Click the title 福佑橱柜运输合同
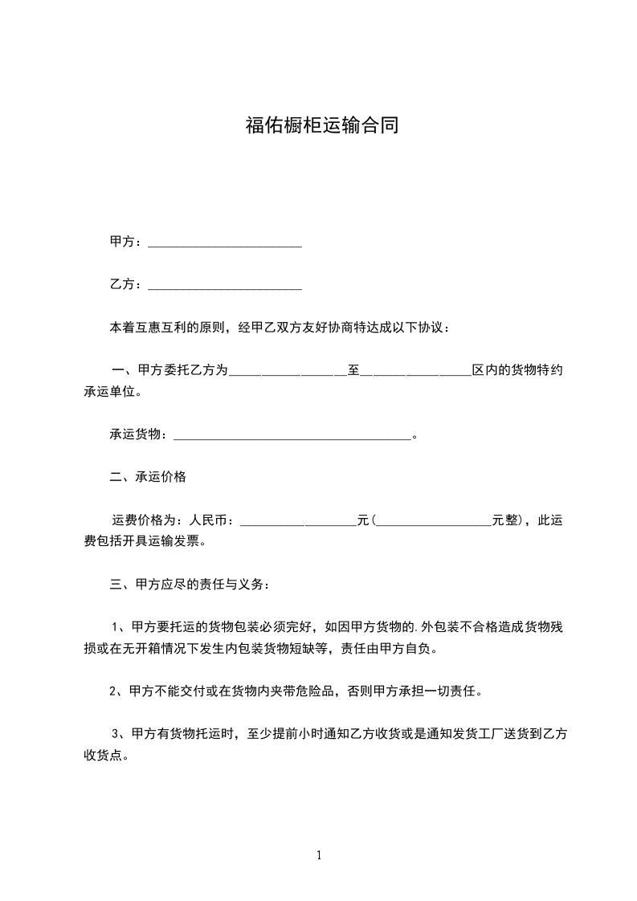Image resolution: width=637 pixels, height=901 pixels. (321, 126)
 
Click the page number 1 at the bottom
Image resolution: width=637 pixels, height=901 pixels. (319, 855)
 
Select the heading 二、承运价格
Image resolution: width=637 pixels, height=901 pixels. (148, 477)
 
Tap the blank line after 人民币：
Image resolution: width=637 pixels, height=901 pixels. (298, 523)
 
